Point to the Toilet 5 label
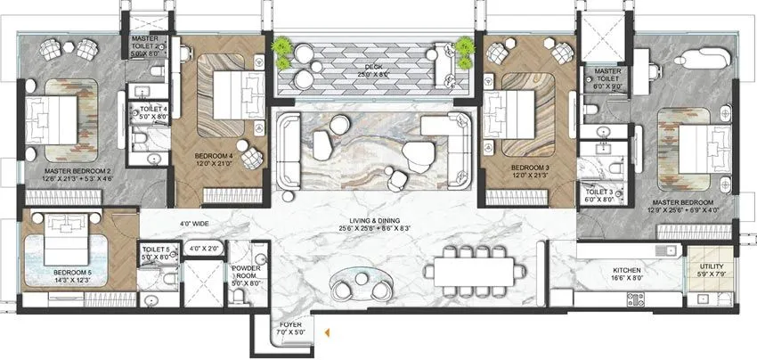pos(155,252)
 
